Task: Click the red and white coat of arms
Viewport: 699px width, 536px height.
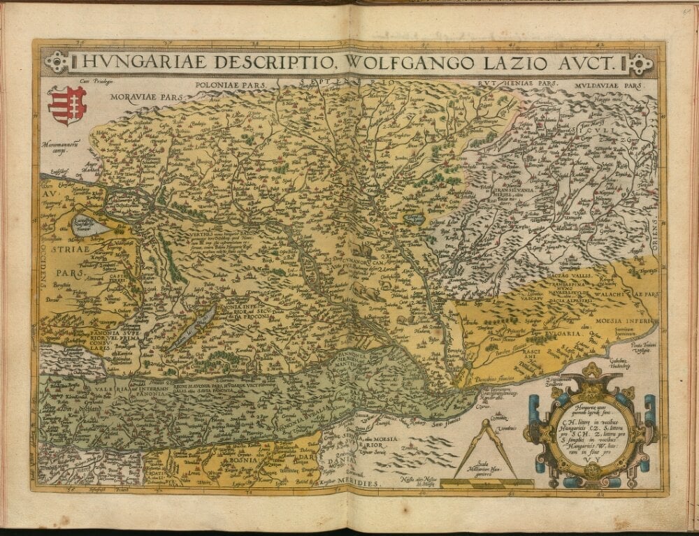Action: point(67,105)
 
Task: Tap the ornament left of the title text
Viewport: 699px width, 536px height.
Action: point(56,63)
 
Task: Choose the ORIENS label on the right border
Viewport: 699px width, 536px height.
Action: point(656,234)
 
